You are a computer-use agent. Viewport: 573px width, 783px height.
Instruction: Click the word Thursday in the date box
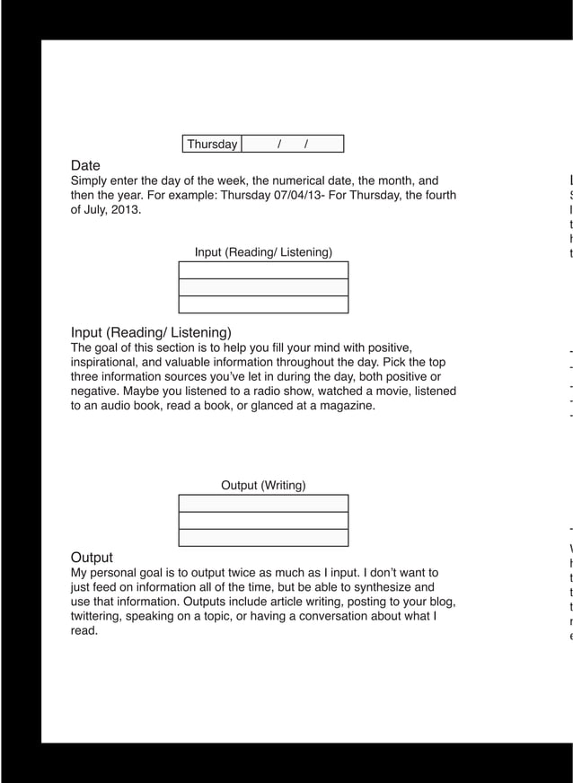tap(212, 145)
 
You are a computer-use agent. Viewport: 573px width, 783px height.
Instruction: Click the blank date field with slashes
tap(293, 145)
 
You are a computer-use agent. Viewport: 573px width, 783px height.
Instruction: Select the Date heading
tap(85, 165)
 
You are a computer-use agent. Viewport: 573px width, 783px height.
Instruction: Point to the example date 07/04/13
tap(298, 195)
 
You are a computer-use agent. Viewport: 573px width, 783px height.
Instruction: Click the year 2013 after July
tap(125, 210)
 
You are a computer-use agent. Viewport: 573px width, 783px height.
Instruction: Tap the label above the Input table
tap(263, 252)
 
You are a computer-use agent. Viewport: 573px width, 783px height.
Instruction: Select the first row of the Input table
tap(263, 270)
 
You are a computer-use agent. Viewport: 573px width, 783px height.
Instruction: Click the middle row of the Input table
tap(263, 287)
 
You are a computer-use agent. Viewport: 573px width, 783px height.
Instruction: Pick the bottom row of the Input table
tap(263, 304)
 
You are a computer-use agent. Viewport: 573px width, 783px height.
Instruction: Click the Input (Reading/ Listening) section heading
tap(151, 332)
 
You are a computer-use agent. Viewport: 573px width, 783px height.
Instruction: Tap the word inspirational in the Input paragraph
tap(105, 362)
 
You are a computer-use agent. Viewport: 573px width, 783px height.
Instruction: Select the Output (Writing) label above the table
tap(263, 486)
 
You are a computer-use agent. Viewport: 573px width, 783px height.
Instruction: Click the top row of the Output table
tap(263, 504)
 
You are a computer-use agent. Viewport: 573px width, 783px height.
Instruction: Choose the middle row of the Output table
tap(263, 521)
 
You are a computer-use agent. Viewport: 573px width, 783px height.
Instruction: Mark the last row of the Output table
tap(263, 538)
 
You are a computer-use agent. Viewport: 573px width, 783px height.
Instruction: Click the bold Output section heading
tap(92, 557)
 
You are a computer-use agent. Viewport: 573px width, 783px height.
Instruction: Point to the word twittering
tap(100, 616)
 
